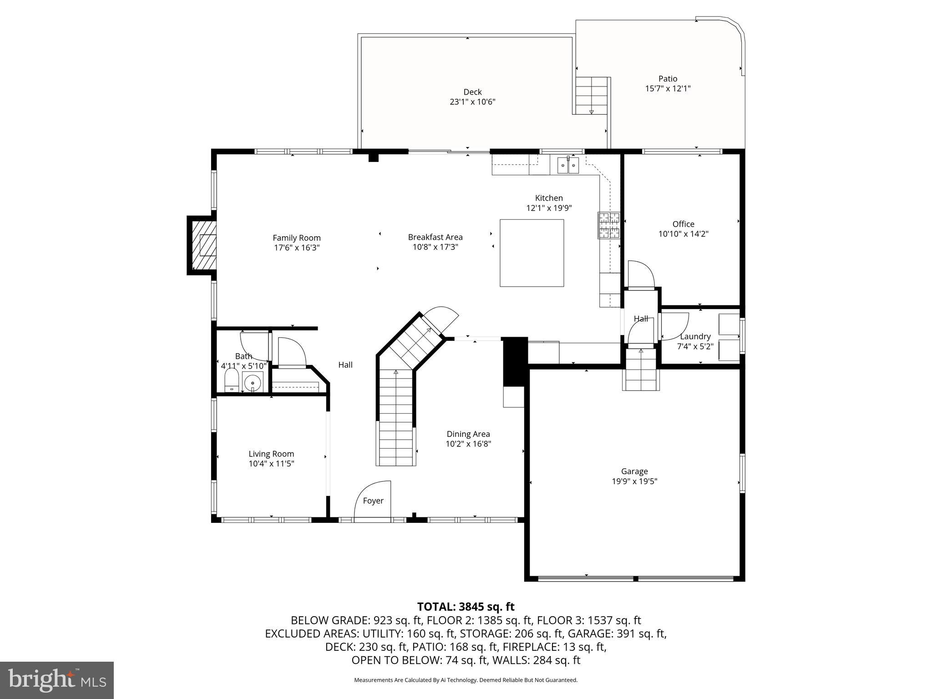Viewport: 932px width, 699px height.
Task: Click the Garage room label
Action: [634, 471]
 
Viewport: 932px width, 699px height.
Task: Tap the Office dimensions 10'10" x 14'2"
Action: [683, 234]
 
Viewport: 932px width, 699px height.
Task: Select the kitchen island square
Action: [532, 253]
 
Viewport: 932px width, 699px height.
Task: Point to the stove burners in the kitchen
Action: [609, 225]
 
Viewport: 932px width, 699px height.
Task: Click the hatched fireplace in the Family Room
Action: [203, 245]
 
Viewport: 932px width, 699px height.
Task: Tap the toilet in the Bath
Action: [232, 380]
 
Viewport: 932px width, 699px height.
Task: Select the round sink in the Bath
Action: [253, 382]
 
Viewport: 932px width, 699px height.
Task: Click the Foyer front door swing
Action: [372, 499]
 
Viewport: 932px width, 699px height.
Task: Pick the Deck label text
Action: [472, 92]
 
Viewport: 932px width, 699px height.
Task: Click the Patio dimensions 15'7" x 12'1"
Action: [668, 89]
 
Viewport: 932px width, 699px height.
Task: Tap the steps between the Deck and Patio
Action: [591, 96]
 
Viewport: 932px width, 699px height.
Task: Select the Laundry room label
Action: [695, 336]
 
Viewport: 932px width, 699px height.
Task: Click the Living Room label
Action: [271, 454]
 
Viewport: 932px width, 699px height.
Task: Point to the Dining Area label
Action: [468, 434]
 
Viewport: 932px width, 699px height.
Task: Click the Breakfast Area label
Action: [435, 237]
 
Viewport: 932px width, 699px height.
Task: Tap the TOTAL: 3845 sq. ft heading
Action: [466, 607]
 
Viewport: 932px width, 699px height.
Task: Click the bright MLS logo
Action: [57, 680]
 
